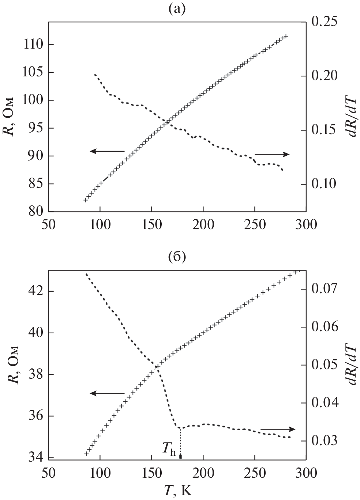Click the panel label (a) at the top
pos(177,9)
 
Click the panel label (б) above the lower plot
pos(177,257)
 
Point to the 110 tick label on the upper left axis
pos(33,44)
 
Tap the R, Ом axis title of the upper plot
pos(11,117)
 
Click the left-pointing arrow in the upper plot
pos(108,151)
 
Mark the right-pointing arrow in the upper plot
pos(272,154)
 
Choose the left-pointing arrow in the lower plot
pos(108,393)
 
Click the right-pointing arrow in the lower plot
pos(277,429)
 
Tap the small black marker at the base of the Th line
pos(180,456)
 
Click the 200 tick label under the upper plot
pos(203,224)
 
